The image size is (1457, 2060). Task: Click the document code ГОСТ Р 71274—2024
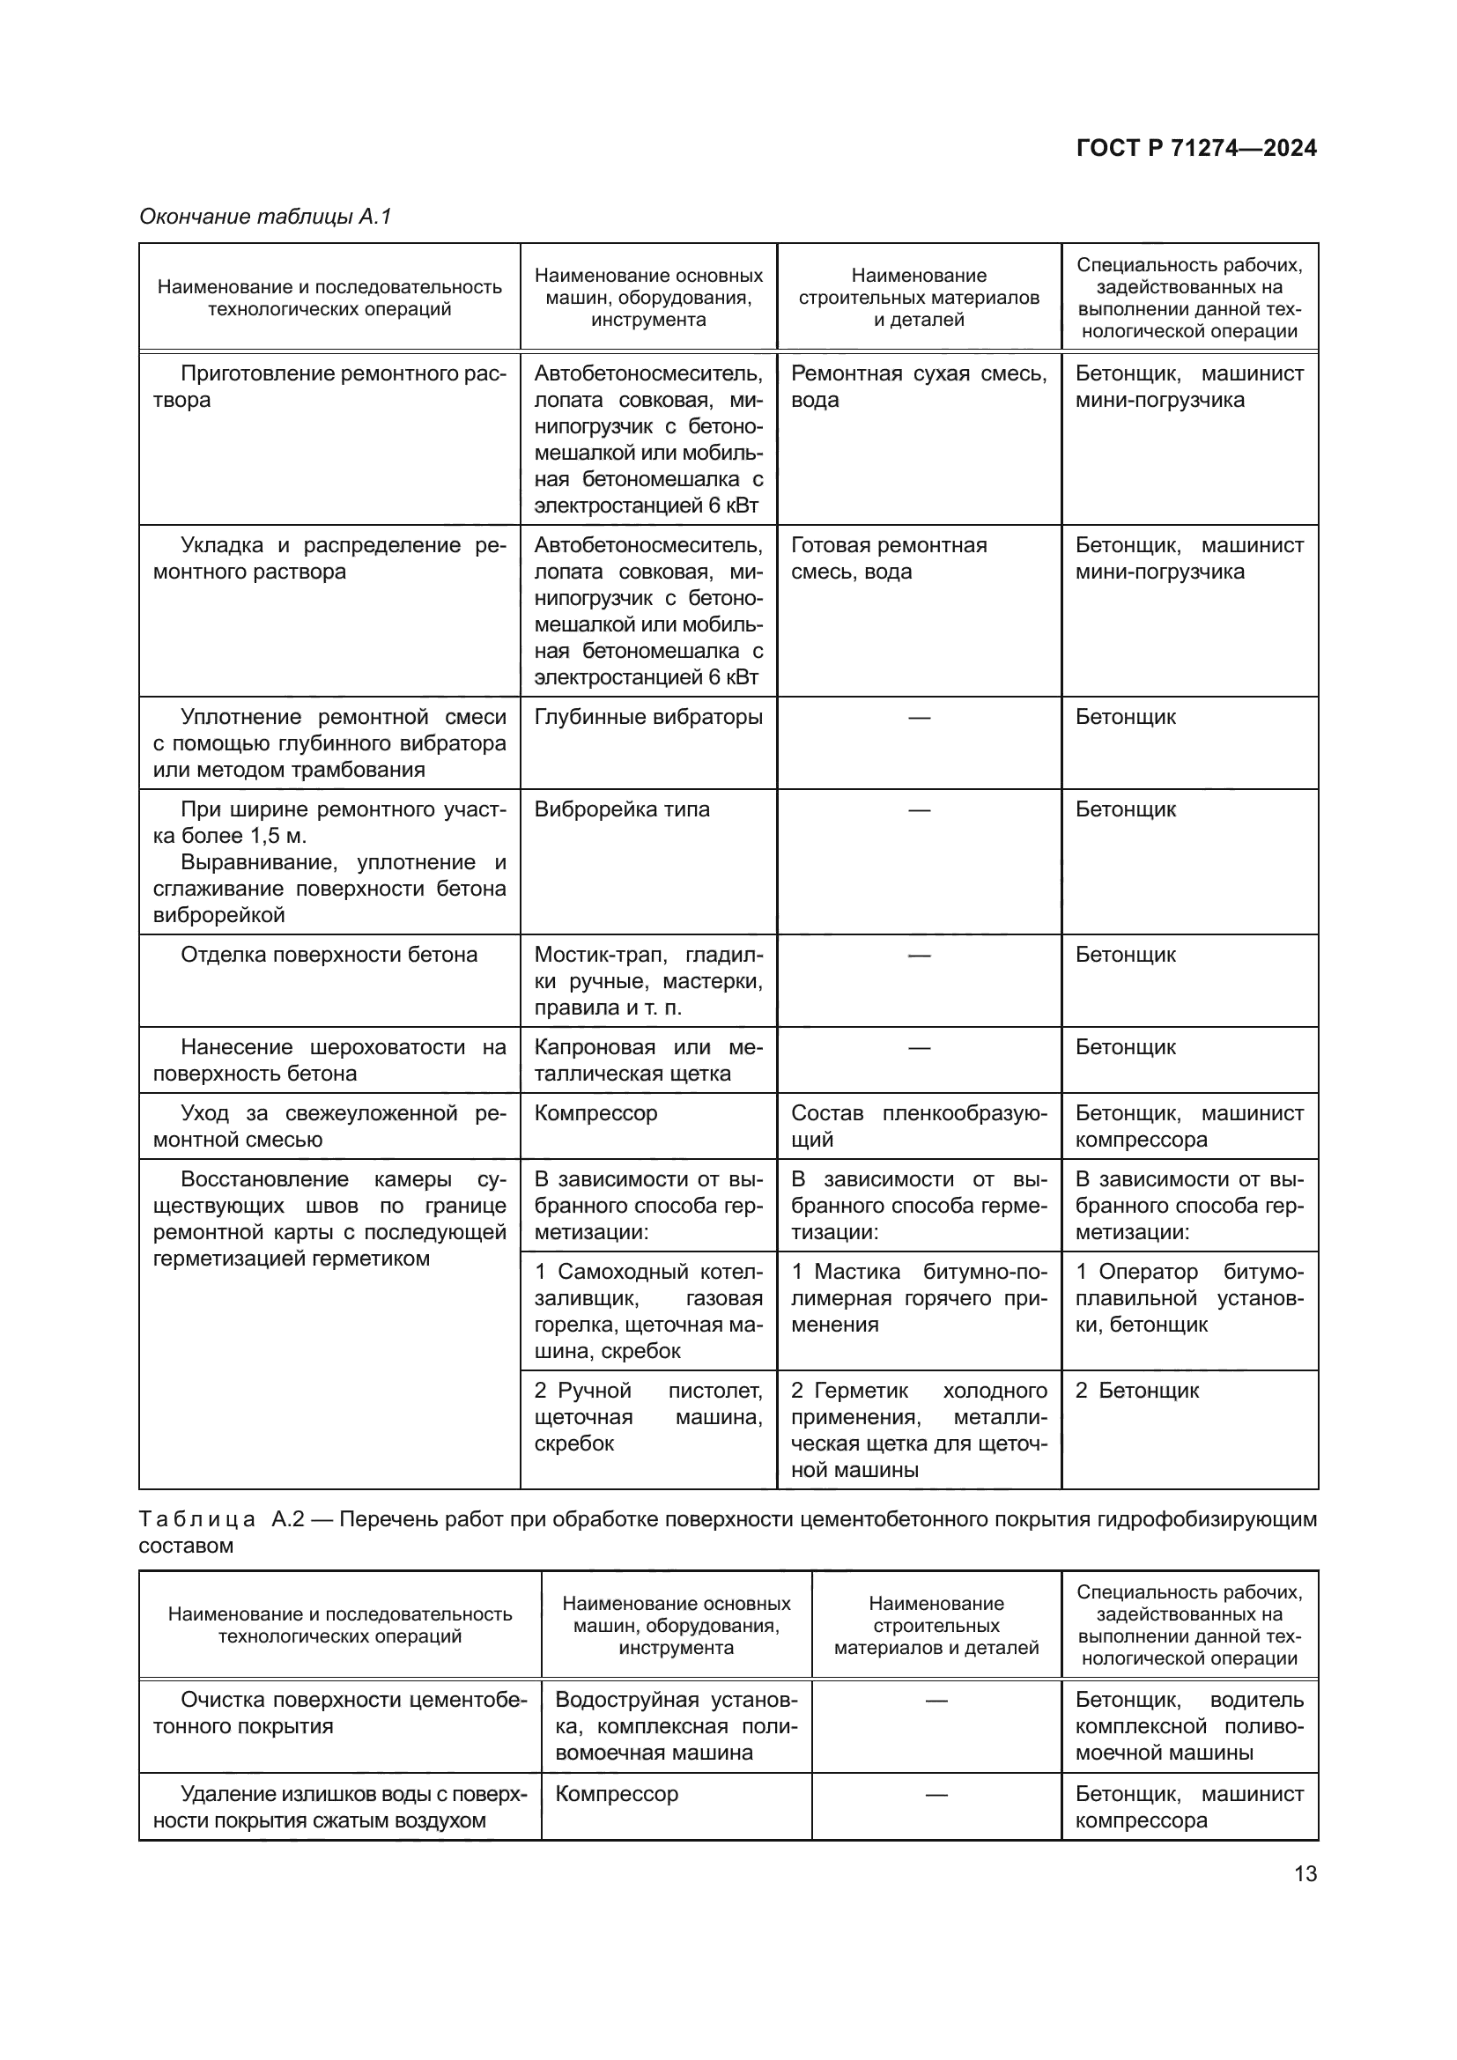[x=1196, y=148]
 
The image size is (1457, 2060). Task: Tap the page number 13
[x=1305, y=1873]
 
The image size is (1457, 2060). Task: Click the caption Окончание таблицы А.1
[x=265, y=217]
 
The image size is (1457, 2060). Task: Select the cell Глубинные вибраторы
[x=647, y=717]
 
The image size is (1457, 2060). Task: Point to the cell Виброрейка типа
[x=622, y=809]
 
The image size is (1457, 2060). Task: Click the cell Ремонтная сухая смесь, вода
[x=918, y=387]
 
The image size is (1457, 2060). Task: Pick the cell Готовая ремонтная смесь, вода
[x=888, y=558]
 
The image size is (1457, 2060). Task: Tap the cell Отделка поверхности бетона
[x=329, y=955]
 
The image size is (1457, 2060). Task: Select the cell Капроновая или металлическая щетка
[x=647, y=1060]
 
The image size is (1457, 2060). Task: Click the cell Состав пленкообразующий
[x=918, y=1126]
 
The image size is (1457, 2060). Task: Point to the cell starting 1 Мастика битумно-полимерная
[x=918, y=1297]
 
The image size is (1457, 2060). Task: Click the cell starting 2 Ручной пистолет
[x=647, y=1417]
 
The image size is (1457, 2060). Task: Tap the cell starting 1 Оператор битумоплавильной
[x=1188, y=1297]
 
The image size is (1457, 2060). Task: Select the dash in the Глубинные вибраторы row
[x=919, y=717]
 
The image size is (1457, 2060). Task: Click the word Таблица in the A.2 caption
[x=197, y=1519]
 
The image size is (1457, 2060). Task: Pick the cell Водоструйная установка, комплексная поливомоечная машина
[x=676, y=1726]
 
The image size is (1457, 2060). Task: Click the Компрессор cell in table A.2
[x=617, y=1794]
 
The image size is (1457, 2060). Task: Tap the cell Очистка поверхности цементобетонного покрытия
[x=339, y=1713]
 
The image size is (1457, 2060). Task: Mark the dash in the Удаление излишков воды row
[x=936, y=1794]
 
